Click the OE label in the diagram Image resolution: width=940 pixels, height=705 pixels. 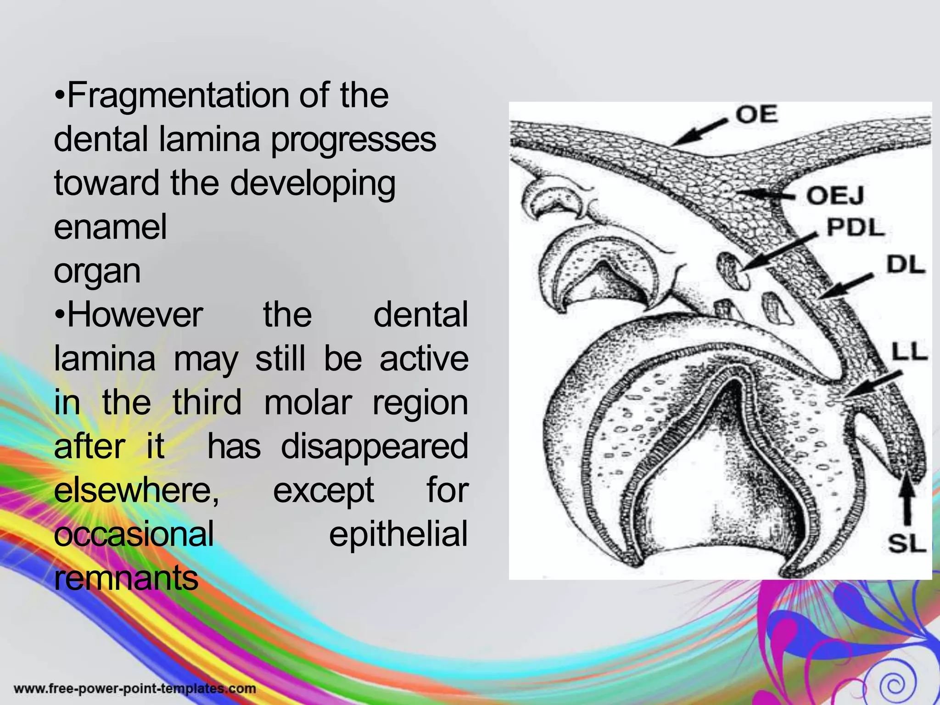coord(757,114)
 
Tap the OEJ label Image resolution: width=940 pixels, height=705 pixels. coord(835,196)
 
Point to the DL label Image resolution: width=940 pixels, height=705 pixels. coord(905,265)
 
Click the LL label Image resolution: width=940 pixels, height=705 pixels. coord(909,352)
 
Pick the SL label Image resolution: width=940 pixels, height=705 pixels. coord(906,544)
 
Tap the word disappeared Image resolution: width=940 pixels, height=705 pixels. coord(375,447)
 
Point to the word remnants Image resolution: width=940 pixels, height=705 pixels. coord(126,578)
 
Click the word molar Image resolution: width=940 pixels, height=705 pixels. coord(307,403)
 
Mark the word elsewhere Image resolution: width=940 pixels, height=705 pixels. coord(136,491)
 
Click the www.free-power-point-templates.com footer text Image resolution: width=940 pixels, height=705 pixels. coord(135,688)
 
